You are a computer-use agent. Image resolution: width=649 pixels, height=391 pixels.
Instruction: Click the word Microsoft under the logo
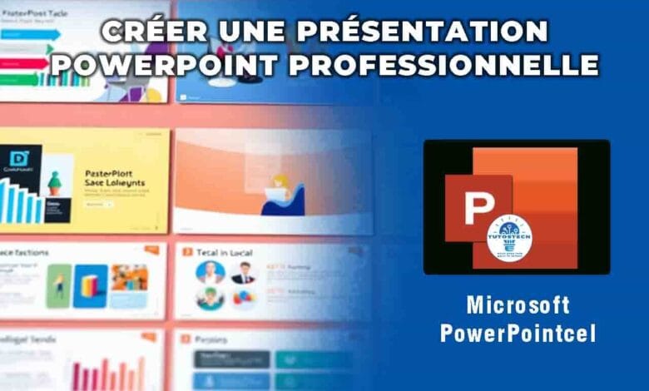click(x=518, y=304)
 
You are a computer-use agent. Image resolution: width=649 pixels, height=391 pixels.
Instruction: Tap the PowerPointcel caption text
click(x=518, y=334)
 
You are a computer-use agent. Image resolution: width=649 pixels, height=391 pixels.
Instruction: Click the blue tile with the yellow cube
click(x=90, y=286)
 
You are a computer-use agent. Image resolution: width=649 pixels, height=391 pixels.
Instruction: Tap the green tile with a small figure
click(x=58, y=286)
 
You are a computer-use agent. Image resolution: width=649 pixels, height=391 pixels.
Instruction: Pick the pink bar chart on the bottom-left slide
click(x=108, y=374)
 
